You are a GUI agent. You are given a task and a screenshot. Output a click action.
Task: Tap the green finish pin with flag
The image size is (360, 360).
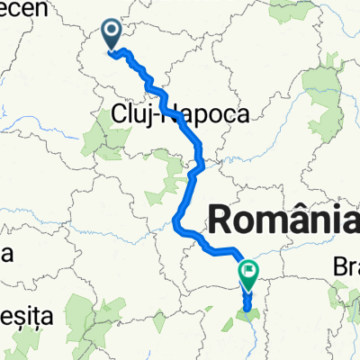(x=248, y=271)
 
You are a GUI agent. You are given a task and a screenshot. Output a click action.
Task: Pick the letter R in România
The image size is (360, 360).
(x=222, y=219)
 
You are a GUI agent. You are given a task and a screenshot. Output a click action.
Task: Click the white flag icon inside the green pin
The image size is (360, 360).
(x=248, y=268)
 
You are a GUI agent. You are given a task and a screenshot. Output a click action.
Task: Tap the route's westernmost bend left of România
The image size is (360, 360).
(x=175, y=225)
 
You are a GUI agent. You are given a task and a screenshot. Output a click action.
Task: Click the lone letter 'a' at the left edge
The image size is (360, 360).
(x=4, y=254)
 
